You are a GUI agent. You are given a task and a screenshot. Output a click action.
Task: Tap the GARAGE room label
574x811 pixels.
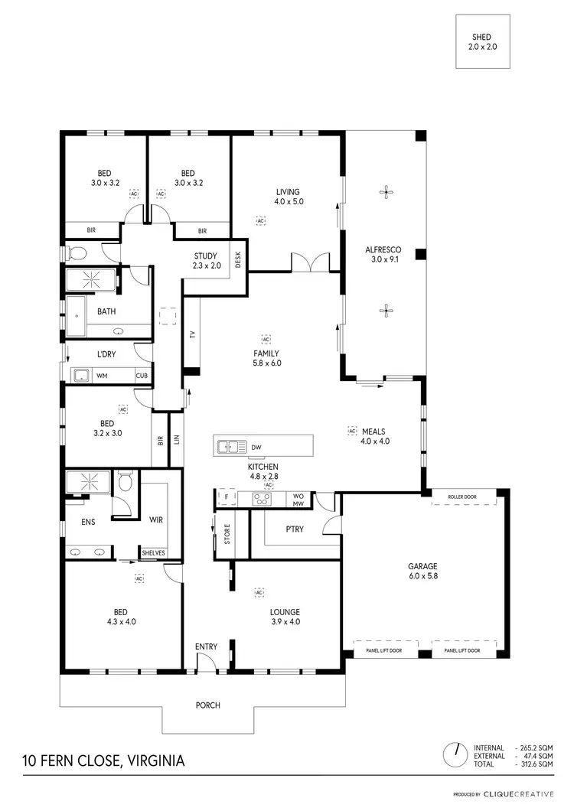[422, 566]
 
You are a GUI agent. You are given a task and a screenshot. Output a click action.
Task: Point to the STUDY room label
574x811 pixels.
[205, 256]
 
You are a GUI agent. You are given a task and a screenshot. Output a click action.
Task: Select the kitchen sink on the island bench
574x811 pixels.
[229, 446]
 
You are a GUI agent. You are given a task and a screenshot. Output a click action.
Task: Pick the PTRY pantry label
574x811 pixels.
[295, 529]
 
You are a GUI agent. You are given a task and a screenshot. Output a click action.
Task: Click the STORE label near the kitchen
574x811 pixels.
[227, 533]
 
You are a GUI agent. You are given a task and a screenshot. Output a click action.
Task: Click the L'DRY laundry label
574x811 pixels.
[105, 354]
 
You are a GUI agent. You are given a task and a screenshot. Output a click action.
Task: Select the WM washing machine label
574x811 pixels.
[102, 376]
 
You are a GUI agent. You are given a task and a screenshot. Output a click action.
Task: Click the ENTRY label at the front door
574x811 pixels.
[206, 647]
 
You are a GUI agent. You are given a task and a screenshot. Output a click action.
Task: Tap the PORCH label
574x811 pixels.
[207, 705]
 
